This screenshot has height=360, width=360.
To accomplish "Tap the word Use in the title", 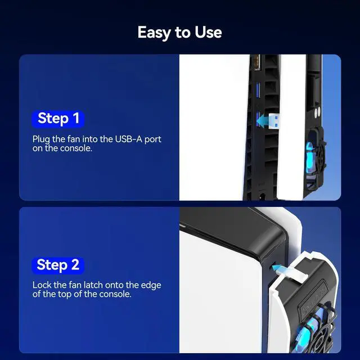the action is (x=209, y=32).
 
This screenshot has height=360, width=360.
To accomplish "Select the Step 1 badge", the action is (x=58, y=119).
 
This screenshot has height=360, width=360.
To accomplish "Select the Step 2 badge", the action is (x=58, y=265).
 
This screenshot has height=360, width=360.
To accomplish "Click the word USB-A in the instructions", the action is (x=129, y=139).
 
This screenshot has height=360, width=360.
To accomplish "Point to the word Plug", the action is (x=41, y=139).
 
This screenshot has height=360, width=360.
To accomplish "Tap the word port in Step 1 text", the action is (x=152, y=140).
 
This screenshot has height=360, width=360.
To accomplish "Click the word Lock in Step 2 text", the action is (x=42, y=285).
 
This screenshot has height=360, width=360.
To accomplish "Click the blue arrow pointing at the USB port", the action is (x=263, y=121).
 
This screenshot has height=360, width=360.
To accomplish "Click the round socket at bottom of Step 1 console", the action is (x=262, y=196).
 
